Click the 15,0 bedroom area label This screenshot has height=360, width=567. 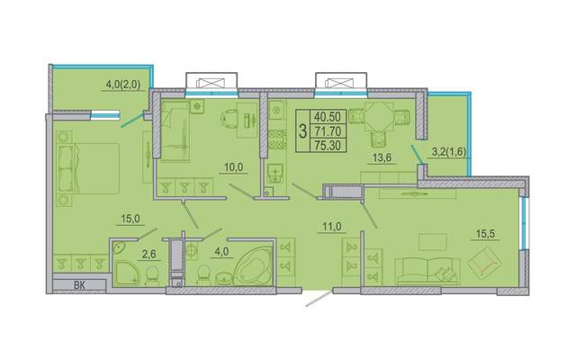(x=130, y=219)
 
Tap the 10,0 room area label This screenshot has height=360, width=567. (x=234, y=167)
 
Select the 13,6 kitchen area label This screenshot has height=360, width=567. (x=382, y=158)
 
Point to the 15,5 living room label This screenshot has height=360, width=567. (x=485, y=234)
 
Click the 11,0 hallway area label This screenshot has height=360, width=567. (x=332, y=227)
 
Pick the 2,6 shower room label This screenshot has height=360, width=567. (x=148, y=255)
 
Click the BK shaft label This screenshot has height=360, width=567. (x=79, y=285)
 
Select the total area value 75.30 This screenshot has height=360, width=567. (x=328, y=145)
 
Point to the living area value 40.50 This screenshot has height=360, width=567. (x=328, y=117)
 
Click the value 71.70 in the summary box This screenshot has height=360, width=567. (x=328, y=130)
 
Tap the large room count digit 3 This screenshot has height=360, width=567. (x=303, y=130)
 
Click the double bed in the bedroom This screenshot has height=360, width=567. (x=88, y=168)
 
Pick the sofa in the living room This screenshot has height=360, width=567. (x=428, y=271)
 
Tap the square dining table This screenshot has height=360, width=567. (x=379, y=117)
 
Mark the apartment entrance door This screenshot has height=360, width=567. (x=319, y=299)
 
